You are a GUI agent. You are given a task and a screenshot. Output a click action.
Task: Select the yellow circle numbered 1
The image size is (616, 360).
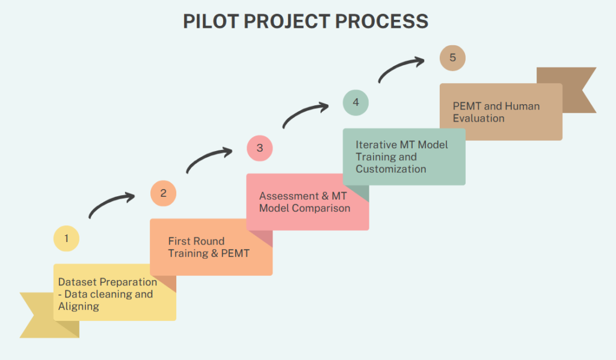(66, 238)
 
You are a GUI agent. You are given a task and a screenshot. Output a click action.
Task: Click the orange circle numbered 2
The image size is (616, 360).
(163, 193)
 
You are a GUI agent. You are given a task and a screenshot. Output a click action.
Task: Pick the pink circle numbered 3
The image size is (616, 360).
(260, 148)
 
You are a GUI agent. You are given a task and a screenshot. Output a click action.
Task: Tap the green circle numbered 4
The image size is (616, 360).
(356, 102)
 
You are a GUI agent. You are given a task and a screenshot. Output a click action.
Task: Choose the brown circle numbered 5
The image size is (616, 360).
(452, 58)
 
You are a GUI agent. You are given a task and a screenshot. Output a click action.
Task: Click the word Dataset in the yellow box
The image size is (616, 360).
(77, 282)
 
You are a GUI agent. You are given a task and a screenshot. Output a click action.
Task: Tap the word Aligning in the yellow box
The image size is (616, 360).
(78, 306)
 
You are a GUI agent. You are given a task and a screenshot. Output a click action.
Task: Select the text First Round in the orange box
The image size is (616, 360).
(196, 241)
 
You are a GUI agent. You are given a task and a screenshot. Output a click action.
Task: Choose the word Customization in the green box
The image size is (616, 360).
(391, 169)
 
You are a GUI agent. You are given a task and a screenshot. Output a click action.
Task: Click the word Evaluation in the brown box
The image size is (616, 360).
(478, 118)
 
